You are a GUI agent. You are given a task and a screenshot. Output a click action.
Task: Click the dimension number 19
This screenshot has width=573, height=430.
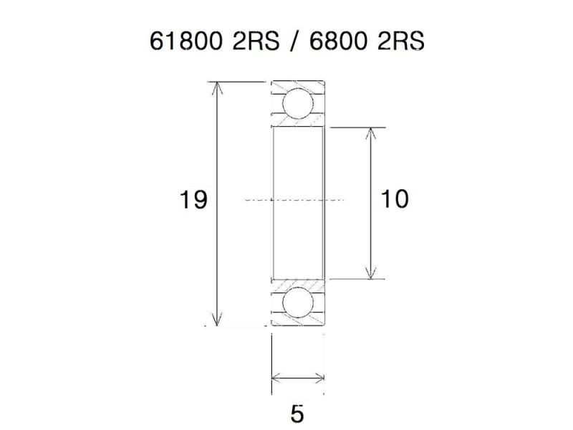click(x=193, y=200)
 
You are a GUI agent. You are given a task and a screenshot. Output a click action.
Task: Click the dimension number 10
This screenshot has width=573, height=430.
click(x=395, y=199)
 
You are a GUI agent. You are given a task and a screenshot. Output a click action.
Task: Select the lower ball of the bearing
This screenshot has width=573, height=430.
click(x=297, y=302)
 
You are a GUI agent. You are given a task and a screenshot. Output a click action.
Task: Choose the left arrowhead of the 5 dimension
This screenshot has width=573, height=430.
click(x=276, y=377)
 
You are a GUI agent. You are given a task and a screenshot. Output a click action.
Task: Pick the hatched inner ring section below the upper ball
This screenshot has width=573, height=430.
click(x=297, y=124)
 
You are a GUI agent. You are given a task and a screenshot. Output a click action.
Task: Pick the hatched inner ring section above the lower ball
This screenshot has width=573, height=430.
click(x=297, y=282)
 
